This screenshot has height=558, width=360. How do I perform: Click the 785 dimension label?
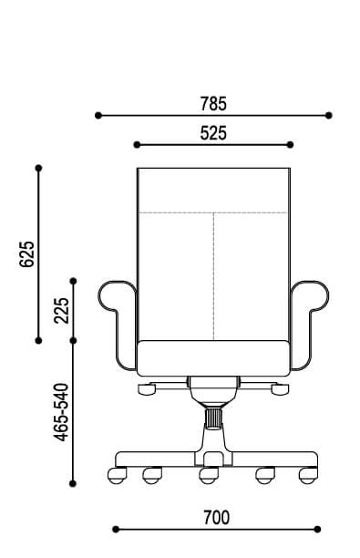pyautogui.click(x=213, y=104)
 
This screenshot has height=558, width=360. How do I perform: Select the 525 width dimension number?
pyautogui.click(x=213, y=133)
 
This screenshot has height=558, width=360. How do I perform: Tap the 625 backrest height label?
pyautogui.click(x=27, y=253)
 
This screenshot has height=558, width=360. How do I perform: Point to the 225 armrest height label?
pyautogui.click(x=61, y=310)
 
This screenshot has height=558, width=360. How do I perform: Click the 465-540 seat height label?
pyautogui.click(x=61, y=412)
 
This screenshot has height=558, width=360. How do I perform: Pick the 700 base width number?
pyautogui.click(x=216, y=518)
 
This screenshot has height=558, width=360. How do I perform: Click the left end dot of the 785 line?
pyautogui.click(x=98, y=115)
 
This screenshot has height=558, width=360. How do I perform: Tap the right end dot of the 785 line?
pyautogui.click(x=329, y=115)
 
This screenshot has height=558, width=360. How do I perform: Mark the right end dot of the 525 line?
pyautogui.click(x=290, y=144)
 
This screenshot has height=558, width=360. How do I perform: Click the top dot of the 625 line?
pyautogui.click(x=39, y=168)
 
